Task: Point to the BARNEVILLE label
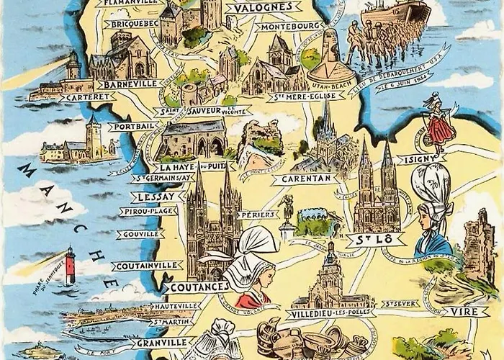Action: tap(132, 84)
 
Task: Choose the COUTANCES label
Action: tap(198, 287)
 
